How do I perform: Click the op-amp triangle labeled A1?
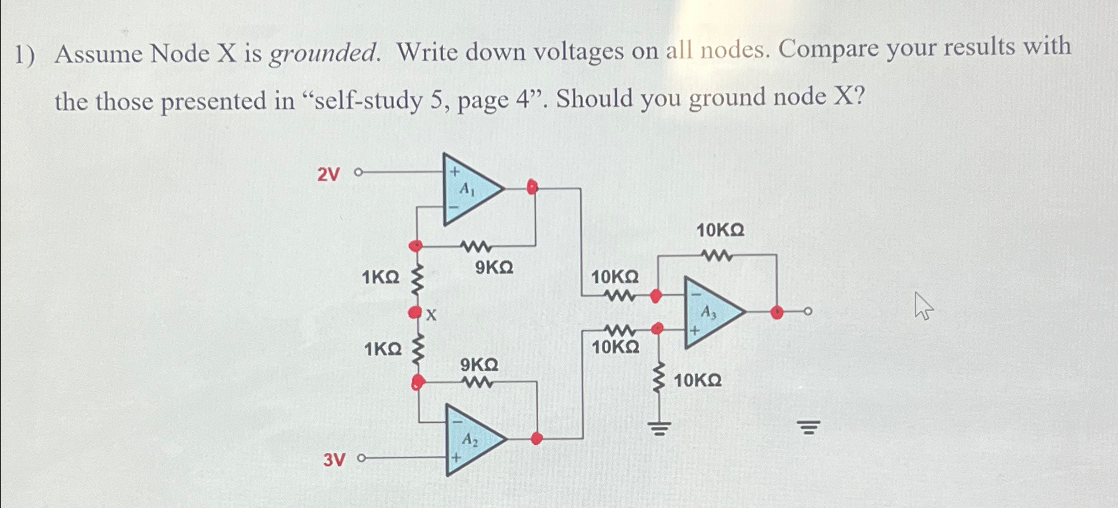click(x=468, y=190)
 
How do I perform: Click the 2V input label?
click(x=328, y=175)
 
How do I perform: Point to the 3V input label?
click(x=334, y=460)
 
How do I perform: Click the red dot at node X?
click(x=415, y=312)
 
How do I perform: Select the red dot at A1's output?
click(x=531, y=187)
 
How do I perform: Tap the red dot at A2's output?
click(x=537, y=438)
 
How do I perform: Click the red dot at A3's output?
click(x=776, y=311)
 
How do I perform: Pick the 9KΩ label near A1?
click(x=494, y=268)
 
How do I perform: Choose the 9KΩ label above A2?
click(x=479, y=365)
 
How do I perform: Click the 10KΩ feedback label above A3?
click(x=720, y=231)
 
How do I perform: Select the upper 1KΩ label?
click(x=381, y=278)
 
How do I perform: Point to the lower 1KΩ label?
click(x=383, y=349)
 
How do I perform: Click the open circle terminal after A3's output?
click(x=808, y=311)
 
